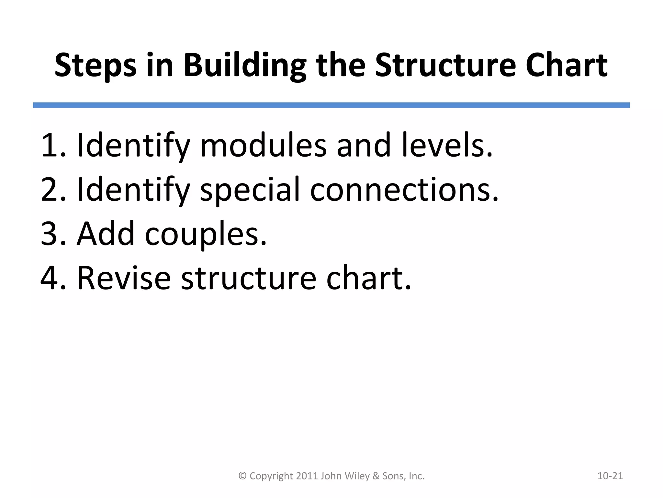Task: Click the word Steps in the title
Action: click(x=96, y=65)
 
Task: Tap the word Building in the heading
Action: click(x=245, y=65)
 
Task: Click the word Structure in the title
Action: click(x=445, y=65)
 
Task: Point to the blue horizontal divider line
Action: click(x=331, y=105)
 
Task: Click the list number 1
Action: click(x=50, y=145)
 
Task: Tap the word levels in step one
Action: click(x=444, y=145)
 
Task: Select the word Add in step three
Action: click(x=105, y=234)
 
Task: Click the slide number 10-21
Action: click(x=610, y=476)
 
